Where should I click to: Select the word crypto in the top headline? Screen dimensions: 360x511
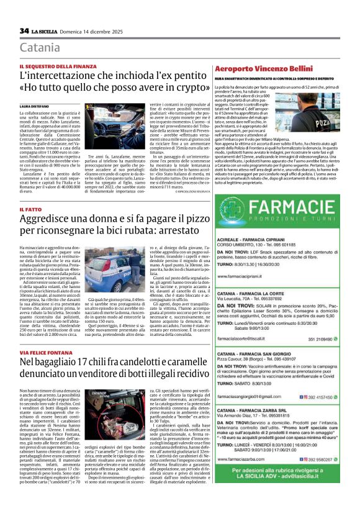tap(171, 88)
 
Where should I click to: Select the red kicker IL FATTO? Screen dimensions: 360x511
tap(30, 210)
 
